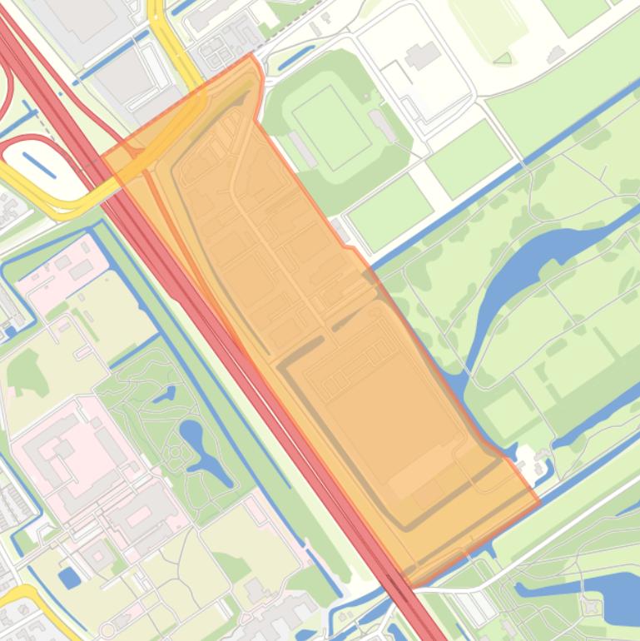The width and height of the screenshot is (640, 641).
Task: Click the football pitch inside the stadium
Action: click(x=331, y=127)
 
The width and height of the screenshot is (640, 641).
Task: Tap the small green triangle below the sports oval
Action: click(x=503, y=58)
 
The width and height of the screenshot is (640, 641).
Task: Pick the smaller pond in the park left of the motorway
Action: click(x=163, y=394)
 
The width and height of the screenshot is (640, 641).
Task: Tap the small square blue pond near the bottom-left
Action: click(x=69, y=576)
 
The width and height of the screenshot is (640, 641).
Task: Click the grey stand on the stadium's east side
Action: click(x=383, y=126)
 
